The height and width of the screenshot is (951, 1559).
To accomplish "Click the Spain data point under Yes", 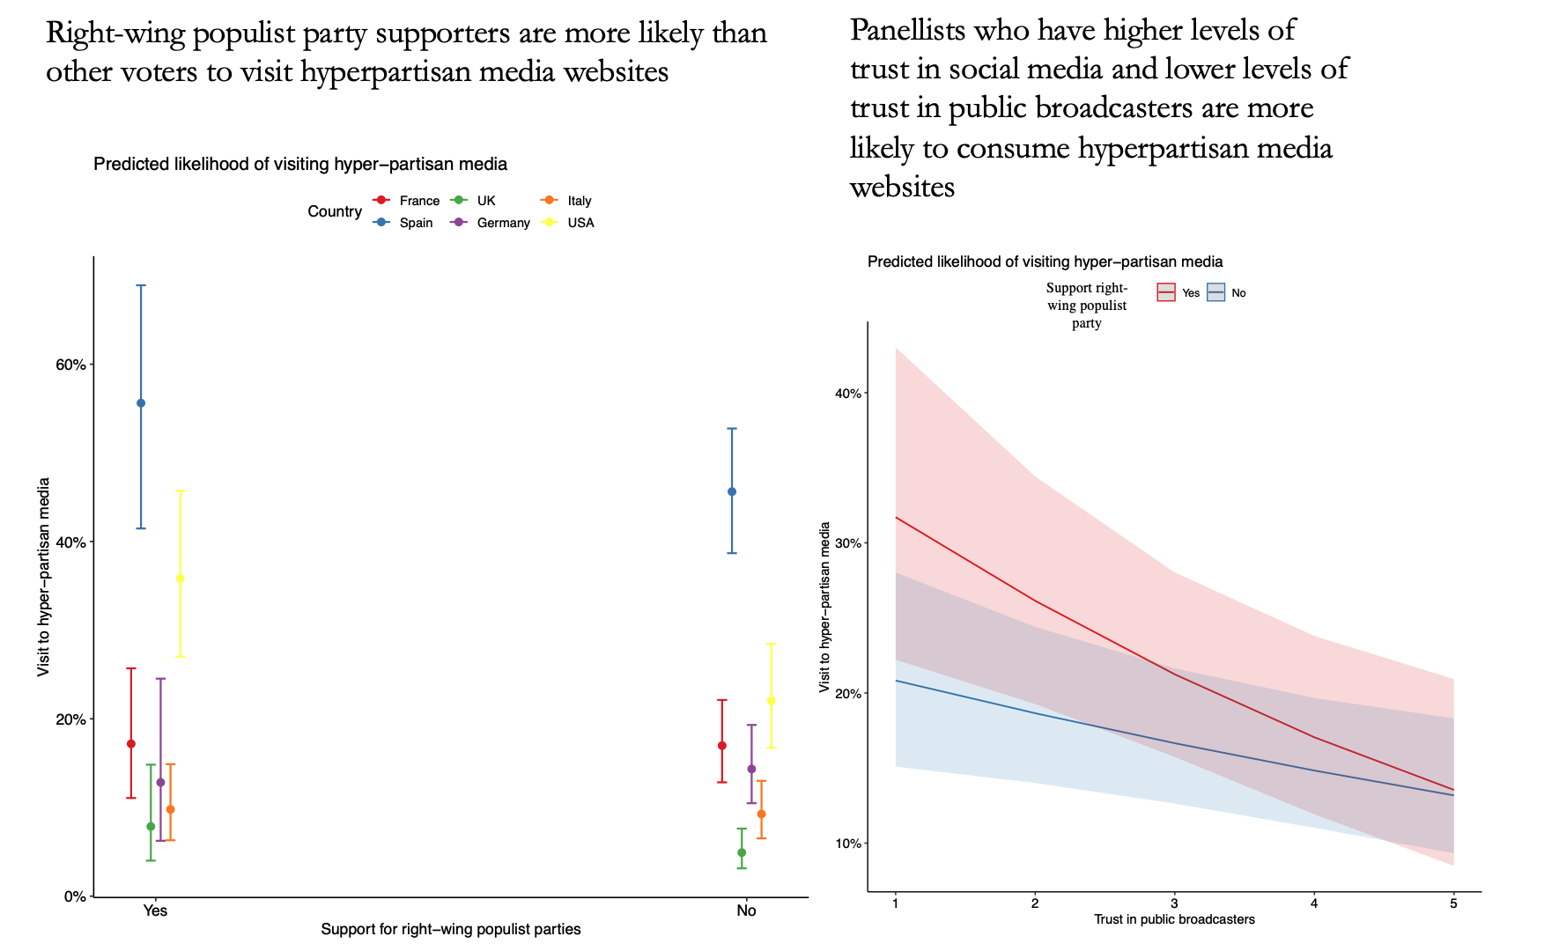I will (141, 403).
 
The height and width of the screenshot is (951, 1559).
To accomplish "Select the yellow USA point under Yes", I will (181, 579).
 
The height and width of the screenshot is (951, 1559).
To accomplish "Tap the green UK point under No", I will (742, 852).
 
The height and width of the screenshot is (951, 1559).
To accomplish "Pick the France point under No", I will (722, 746).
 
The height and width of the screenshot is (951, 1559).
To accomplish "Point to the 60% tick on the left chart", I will (73, 365).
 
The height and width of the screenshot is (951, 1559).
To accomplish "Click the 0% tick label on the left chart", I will (77, 896).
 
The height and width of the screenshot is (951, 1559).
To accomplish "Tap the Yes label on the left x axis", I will (155, 911).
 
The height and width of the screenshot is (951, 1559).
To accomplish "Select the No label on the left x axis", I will (746, 911).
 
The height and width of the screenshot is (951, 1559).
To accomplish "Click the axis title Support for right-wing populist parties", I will (450, 930).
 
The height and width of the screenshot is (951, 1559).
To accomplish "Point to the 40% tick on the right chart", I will (847, 393).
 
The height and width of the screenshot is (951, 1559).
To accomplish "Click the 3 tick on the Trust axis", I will (1174, 903).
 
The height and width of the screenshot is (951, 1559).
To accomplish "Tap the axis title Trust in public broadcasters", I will (1174, 920).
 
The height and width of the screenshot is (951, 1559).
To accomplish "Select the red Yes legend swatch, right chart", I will (1166, 293).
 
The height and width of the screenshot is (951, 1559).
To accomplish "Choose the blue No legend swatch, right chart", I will (1215, 293).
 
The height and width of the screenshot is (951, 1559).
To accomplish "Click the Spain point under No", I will (732, 491).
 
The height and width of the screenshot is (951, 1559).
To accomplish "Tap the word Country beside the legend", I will (335, 212).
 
